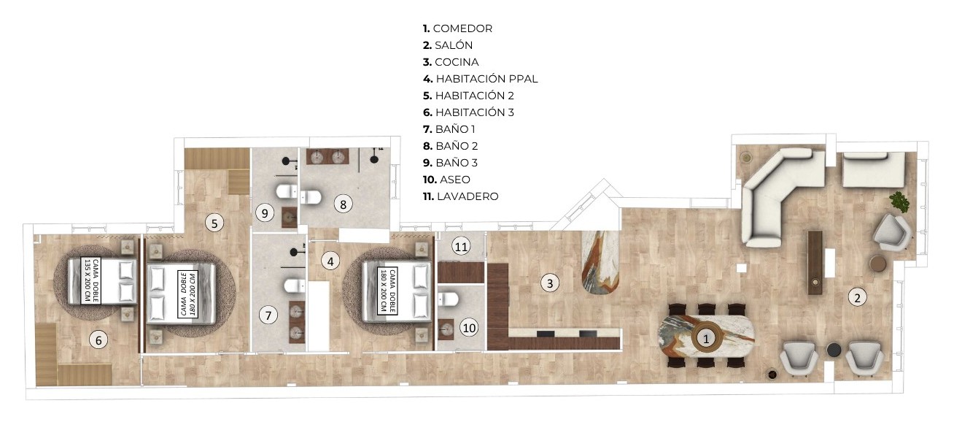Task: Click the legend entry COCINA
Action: click(451, 62)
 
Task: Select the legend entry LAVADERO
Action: click(460, 196)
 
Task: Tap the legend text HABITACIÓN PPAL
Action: click(481, 79)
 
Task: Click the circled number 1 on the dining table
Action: click(706, 339)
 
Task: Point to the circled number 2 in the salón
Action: click(857, 297)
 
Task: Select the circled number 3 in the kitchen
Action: click(550, 283)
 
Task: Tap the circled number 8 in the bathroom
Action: click(344, 204)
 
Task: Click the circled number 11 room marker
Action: click(461, 247)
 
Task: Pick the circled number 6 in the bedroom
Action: click(98, 340)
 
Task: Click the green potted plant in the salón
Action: click(899, 202)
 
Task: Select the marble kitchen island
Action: click(600, 263)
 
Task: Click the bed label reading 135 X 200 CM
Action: click(88, 280)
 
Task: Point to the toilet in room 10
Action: click(448, 299)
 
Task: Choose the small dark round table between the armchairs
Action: click(834, 350)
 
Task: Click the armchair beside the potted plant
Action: click(891, 233)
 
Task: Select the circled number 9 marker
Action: click(265, 212)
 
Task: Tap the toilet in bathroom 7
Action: click(295, 286)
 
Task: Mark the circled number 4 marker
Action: click(330, 261)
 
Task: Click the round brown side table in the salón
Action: click(877, 264)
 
